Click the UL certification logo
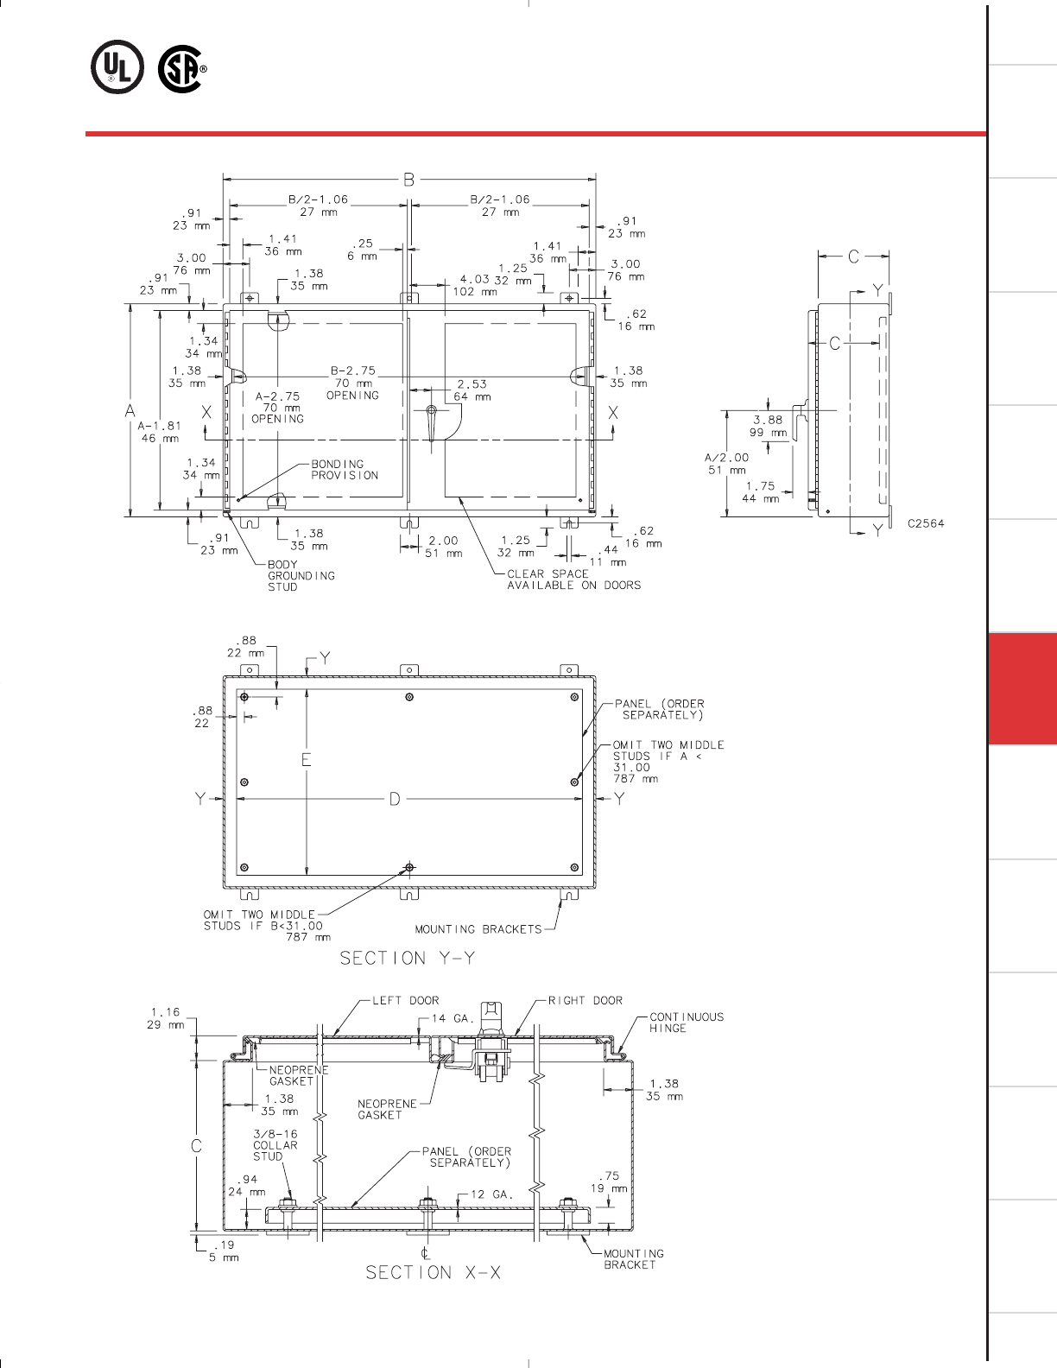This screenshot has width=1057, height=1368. coord(117,66)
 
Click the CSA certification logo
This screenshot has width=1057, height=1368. coord(182,68)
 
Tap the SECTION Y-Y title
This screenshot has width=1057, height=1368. coord(408,958)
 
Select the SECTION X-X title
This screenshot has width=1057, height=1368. coord(434,1272)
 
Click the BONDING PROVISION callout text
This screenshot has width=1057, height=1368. coord(345,470)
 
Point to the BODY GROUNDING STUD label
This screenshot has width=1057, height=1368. coord(301,575)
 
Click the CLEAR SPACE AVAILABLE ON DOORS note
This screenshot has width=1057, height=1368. coord(573,579)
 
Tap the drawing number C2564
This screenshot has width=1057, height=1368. coord(926,523)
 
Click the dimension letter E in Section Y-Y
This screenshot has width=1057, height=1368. coord(306,760)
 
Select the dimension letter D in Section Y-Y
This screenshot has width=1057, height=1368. coord(395,799)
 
